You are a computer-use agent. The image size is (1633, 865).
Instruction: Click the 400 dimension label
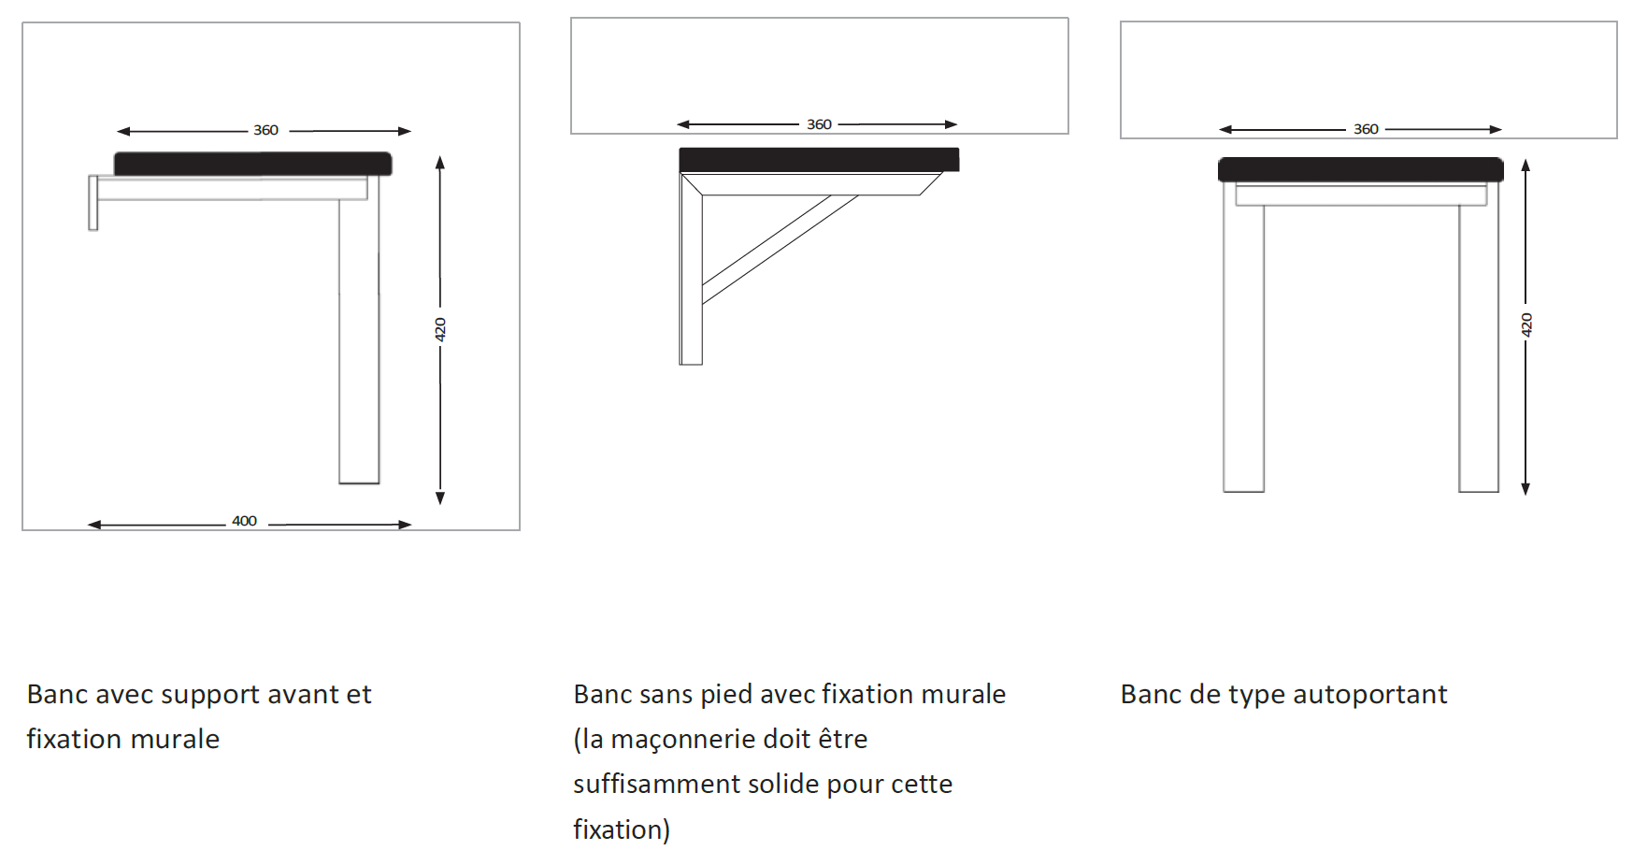click(244, 521)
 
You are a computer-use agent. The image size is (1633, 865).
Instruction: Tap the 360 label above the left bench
click(265, 130)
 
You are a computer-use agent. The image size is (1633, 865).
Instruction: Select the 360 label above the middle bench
click(819, 124)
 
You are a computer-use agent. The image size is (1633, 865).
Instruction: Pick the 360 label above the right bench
click(1366, 129)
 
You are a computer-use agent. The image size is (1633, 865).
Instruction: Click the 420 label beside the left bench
click(440, 329)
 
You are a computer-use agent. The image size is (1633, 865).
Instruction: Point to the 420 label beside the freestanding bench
click(1526, 324)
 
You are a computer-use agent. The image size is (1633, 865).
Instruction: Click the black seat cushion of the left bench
click(252, 164)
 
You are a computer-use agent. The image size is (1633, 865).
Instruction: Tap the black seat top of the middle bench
click(819, 159)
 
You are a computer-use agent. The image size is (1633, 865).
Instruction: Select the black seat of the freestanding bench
click(1360, 169)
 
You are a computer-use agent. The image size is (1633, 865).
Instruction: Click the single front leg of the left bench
click(359, 337)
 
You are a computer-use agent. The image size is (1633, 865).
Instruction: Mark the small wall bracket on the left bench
click(93, 202)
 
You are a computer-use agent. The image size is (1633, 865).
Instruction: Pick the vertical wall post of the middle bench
click(691, 281)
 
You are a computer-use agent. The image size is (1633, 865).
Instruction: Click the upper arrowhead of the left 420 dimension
click(440, 162)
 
